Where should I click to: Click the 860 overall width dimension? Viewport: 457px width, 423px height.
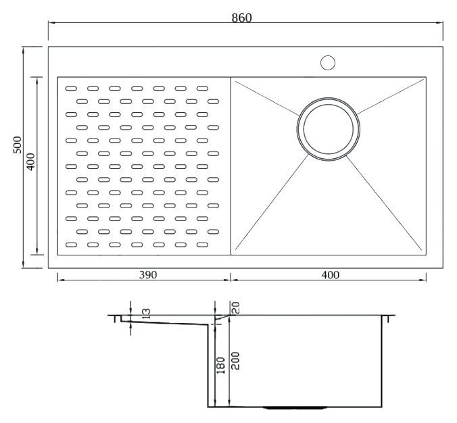(x=241, y=18)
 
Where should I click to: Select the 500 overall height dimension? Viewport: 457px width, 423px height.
(x=18, y=145)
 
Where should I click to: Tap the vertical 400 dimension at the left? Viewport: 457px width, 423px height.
(x=30, y=161)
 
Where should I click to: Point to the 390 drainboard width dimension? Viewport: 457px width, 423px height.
(x=148, y=275)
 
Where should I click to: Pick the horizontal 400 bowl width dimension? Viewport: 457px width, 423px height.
(x=330, y=275)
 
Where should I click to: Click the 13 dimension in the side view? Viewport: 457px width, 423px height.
(x=146, y=314)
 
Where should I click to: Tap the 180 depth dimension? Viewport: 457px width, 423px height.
(x=220, y=366)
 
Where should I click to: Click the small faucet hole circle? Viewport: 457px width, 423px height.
(x=328, y=63)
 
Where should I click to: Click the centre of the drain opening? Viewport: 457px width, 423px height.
(x=329, y=129)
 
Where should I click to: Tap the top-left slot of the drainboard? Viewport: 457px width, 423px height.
(x=71, y=89)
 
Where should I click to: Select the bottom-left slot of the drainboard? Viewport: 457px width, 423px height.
(x=71, y=245)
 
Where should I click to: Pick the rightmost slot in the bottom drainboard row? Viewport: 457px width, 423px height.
(x=202, y=245)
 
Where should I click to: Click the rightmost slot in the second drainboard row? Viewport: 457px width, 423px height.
(x=214, y=101)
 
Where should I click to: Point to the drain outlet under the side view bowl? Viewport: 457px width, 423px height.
(x=295, y=407)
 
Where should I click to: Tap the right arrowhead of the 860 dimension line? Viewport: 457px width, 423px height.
(x=439, y=22)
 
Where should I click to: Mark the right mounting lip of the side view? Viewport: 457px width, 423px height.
(x=389, y=318)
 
